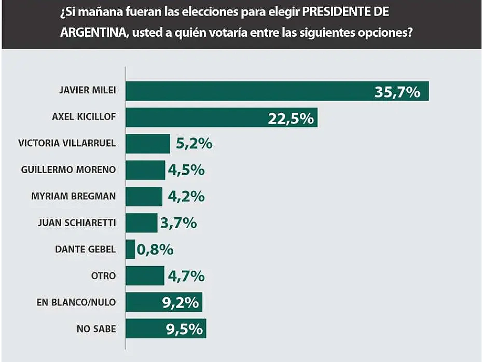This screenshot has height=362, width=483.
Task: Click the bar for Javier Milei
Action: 249,91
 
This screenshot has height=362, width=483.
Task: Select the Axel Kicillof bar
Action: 197,118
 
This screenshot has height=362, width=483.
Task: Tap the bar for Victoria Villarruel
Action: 148,144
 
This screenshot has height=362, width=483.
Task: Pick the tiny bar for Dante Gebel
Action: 130,249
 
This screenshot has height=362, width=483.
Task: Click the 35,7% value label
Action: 397,92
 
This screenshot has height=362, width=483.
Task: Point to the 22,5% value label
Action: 291,118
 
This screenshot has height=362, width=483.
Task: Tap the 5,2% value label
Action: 194,144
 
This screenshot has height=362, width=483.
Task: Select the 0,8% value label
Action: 155,250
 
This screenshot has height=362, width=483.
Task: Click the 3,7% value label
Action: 178,224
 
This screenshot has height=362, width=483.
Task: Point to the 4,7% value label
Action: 186,276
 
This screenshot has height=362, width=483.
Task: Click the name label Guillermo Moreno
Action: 68,170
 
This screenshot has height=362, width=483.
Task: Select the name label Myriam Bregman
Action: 74,197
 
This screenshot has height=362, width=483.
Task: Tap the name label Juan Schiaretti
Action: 77,223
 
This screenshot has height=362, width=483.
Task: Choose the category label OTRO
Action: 104,276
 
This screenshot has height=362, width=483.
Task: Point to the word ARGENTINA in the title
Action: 92,32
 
